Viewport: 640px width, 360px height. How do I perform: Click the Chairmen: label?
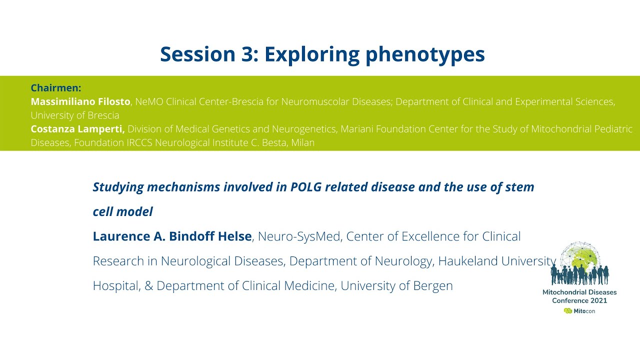click(56, 88)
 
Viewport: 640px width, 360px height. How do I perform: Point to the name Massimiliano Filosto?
click(80, 101)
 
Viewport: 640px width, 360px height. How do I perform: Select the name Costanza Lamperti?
click(77, 129)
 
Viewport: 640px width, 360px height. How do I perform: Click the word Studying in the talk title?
click(118, 187)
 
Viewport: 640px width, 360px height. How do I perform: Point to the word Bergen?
click(432, 285)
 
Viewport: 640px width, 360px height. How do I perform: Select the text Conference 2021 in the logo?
click(579, 300)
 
